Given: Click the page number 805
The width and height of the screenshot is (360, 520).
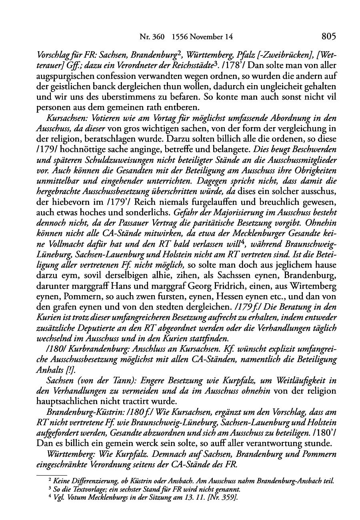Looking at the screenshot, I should [x=328, y=37].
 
